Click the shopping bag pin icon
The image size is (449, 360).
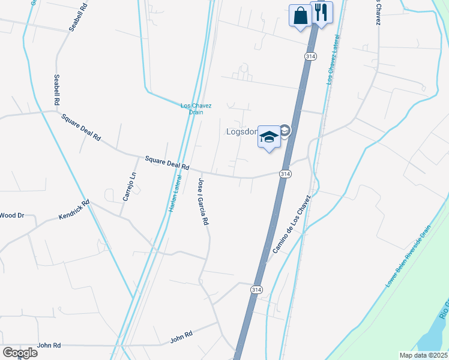pos(300,15)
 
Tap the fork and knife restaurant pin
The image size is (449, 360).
pos(321,12)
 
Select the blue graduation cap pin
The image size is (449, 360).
pos(269,137)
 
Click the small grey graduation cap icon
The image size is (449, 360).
pos(285,131)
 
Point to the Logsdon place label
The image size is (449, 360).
pos(241,131)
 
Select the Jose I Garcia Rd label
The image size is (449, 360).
pos(203,201)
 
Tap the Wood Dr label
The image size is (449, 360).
pos(11,215)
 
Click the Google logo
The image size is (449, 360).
pos(19,352)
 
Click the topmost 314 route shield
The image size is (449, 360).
pos(310,56)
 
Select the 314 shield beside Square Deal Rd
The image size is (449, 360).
pos(285,173)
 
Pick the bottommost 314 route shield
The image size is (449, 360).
pos(256,289)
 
